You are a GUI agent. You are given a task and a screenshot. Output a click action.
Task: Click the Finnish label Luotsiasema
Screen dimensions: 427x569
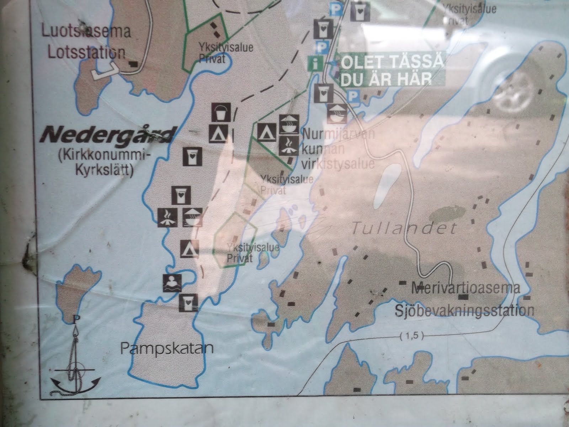86,31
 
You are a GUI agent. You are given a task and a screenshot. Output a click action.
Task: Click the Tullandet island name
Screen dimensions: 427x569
403,228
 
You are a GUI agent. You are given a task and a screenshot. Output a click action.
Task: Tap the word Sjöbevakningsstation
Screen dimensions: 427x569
464,310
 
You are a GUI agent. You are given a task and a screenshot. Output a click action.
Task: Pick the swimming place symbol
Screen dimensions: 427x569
172,283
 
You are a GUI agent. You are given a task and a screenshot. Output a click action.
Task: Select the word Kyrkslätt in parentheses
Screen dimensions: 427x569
105,172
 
